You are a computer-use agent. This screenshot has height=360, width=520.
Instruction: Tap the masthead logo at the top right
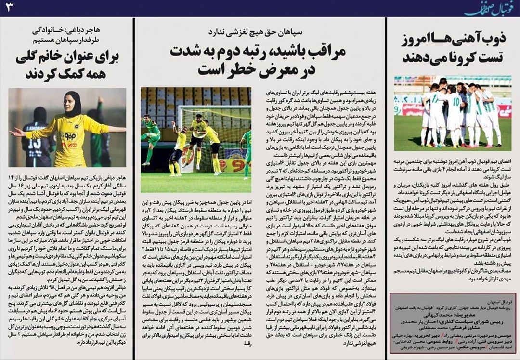click(x=486, y=8)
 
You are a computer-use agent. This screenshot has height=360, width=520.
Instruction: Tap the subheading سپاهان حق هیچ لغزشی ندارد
click(x=260, y=33)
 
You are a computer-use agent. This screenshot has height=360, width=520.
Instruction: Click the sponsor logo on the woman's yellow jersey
click(x=68, y=137)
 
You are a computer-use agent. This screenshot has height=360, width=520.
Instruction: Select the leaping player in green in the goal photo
click(x=151, y=135)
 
